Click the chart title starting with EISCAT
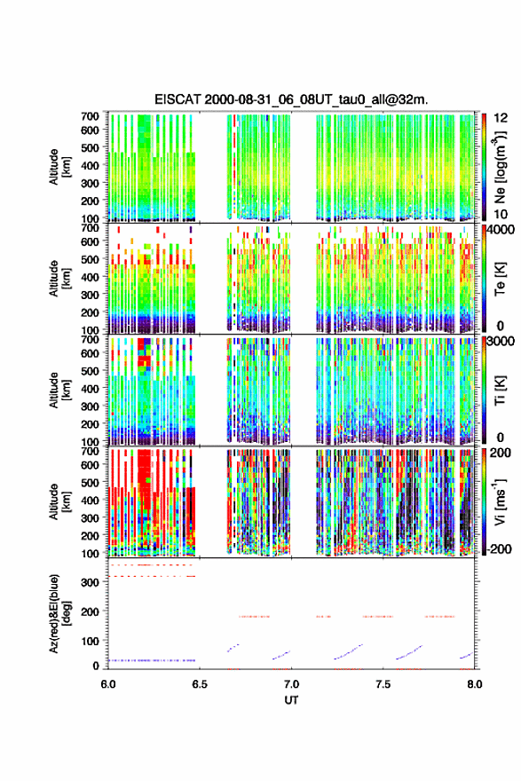[x=291, y=99]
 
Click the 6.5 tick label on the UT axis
[x=199, y=684]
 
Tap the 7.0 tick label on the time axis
[x=291, y=684]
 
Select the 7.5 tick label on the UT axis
[x=383, y=684]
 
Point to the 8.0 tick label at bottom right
[x=475, y=684]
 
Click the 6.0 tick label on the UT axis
[x=107, y=684]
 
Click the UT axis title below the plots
[x=291, y=700]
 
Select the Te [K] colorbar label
[x=500, y=279]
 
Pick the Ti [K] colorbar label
[x=500, y=390]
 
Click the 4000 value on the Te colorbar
[x=500, y=231]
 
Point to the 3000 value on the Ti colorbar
[x=500, y=342]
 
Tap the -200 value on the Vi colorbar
[x=498, y=548]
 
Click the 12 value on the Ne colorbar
[x=501, y=118]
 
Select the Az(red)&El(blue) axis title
[x=59, y=613]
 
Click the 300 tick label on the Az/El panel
[x=91, y=582]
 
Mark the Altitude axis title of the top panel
[x=59, y=167]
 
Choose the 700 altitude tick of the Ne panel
[x=91, y=116]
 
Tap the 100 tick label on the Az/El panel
[x=91, y=641]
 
